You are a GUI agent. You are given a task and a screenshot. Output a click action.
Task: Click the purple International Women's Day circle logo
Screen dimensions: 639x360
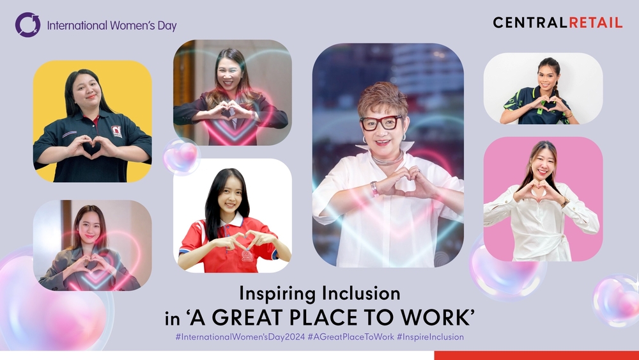27,25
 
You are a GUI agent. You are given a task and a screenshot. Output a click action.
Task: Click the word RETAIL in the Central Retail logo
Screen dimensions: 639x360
596,23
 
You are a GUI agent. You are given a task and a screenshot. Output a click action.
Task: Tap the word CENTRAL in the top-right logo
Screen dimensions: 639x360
530,23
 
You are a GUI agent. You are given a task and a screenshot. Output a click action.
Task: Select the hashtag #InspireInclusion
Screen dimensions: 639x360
430,337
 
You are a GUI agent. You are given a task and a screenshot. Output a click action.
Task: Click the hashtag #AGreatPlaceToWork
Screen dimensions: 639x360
351,337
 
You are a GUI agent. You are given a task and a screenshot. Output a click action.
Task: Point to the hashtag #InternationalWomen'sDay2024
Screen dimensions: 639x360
240,337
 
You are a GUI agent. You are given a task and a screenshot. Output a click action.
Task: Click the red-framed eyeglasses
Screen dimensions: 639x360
381,123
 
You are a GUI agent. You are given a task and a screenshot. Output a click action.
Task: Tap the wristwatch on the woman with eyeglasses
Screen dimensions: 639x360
374,189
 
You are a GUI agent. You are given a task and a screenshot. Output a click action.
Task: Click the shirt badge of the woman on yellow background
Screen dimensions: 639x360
116,131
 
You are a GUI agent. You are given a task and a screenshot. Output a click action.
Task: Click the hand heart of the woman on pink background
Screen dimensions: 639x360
539,191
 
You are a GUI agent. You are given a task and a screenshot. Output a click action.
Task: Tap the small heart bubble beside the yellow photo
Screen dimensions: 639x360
181,156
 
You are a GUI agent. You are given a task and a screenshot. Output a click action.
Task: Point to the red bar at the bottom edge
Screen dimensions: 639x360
536,355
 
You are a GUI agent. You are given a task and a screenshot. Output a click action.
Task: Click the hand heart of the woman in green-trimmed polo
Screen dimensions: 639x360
545,105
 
